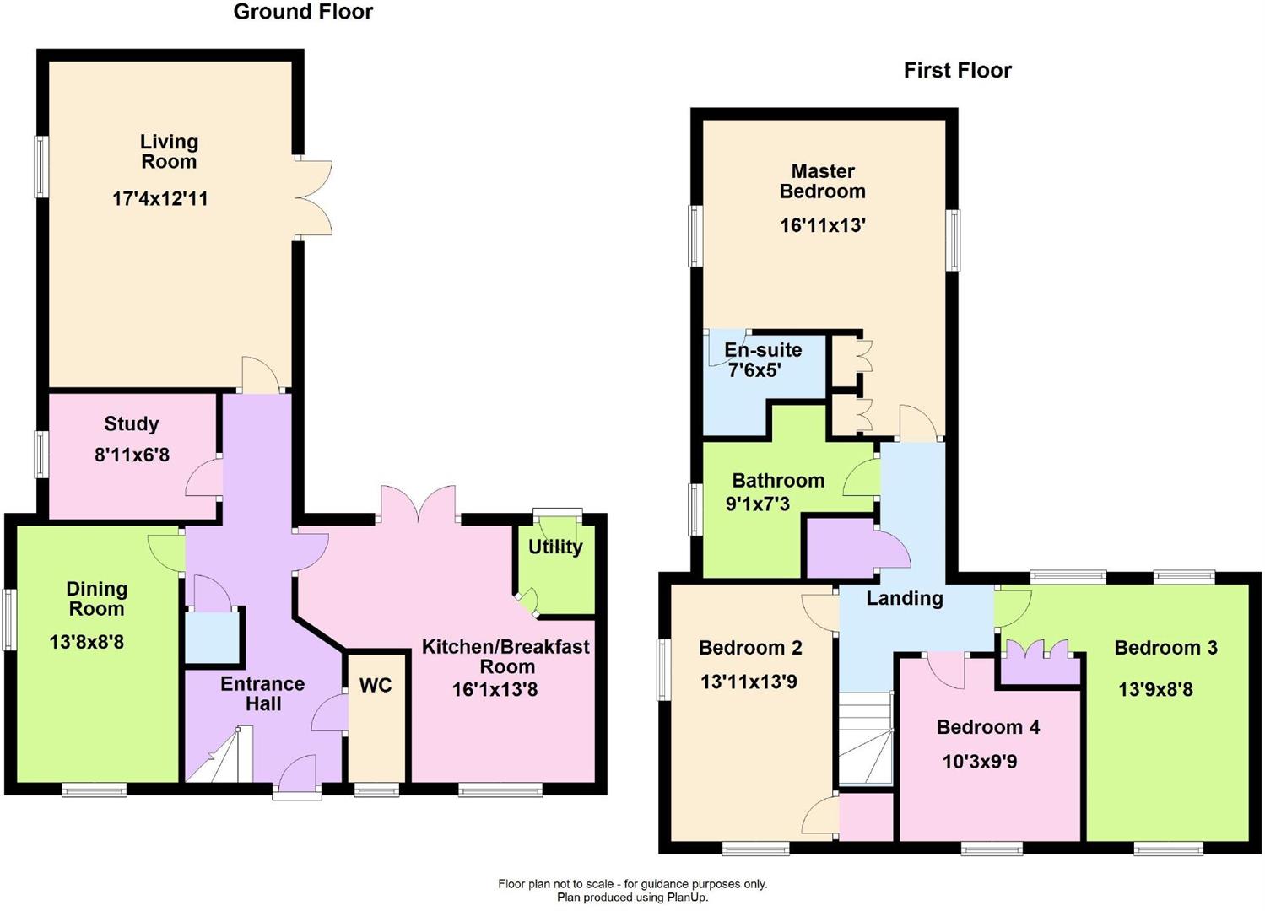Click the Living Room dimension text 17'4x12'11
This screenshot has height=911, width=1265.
(160, 199)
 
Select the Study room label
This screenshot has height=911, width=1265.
(132, 424)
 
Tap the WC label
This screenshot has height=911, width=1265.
(376, 685)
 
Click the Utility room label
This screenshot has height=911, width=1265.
(555, 547)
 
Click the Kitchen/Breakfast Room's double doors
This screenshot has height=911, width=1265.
(419, 505)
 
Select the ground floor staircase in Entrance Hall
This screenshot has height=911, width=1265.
(219, 757)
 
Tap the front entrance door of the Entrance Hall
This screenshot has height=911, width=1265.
(297, 775)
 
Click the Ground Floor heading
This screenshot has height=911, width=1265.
(303, 12)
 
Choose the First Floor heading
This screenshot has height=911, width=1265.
(957, 71)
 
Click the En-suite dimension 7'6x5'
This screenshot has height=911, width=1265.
(754, 370)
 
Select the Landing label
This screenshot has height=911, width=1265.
(905, 598)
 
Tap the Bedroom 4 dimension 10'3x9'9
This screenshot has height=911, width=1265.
(979, 763)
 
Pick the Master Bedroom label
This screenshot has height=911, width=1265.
(822, 181)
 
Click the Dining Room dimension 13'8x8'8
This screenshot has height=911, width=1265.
(87, 643)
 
